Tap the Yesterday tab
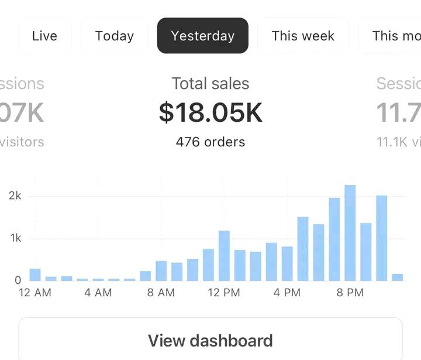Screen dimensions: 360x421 pos(202,36)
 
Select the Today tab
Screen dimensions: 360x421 pos(115,36)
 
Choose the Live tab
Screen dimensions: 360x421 pos(44,36)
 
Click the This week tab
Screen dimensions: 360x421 pos(303,36)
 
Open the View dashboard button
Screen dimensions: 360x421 pos(210,340)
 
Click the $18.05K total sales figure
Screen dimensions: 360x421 pos(210,113)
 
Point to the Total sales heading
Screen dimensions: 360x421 pos(210,84)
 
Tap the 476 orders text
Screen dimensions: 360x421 pos(210,142)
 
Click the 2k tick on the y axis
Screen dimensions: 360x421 pos(15,196)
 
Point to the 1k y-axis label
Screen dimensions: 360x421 pos(15,238)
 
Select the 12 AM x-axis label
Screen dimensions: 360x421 pos(35,293)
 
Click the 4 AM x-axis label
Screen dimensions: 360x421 pos(98,293)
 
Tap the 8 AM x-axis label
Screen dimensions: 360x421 pos(161,293)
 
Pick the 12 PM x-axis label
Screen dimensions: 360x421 pos(224,293)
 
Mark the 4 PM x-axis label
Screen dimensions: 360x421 pos(287,293)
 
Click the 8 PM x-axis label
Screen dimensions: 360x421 pos(350,293)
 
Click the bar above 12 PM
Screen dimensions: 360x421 pos(224,256)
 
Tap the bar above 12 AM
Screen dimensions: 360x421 pos(35,275)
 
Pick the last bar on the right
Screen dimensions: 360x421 pos(398,277)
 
